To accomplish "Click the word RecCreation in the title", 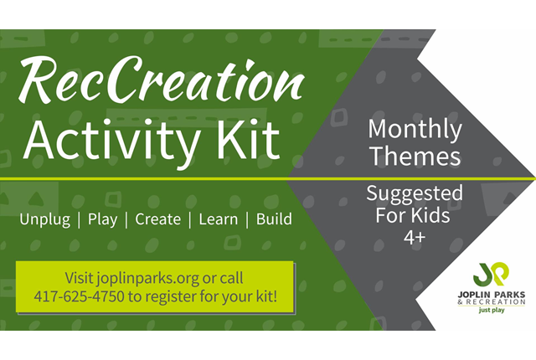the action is [x=162, y=80].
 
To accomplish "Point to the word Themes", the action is [x=415, y=156].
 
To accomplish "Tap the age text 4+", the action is [x=415, y=237].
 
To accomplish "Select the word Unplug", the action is [x=44, y=219].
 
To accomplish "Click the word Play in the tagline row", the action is [x=102, y=219].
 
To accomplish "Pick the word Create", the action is [x=158, y=219].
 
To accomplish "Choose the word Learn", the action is [x=219, y=219].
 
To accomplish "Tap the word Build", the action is [x=274, y=219].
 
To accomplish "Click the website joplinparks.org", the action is [x=147, y=279].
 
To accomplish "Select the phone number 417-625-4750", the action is [x=79, y=296].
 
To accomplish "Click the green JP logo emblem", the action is [x=492, y=275].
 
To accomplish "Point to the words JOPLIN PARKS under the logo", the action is [x=492, y=295].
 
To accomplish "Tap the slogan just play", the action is [x=492, y=311].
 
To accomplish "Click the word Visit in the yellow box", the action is [x=79, y=278].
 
